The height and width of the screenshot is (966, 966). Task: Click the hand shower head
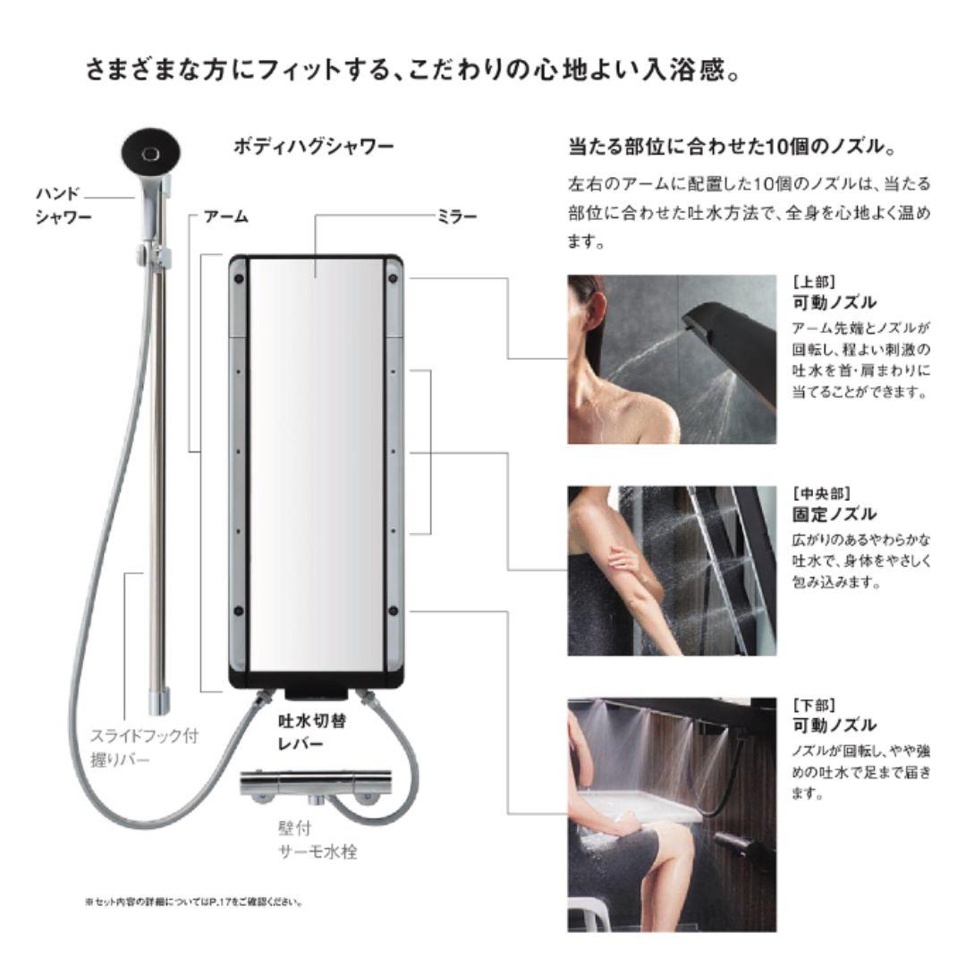tap(151, 154)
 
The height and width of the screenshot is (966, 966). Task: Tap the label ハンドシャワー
tap(64, 205)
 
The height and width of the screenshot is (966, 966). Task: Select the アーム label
tap(226, 216)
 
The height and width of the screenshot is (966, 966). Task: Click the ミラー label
tap(456, 216)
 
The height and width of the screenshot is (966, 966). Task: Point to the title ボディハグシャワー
tap(313, 147)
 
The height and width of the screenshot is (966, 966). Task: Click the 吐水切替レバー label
tap(312, 732)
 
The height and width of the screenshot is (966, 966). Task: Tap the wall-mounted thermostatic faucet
tap(316, 785)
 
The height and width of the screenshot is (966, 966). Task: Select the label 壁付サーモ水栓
tap(318, 840)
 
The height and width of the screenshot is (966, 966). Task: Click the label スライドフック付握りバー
tap(145, 747)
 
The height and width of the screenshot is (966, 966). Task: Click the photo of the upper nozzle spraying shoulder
tap(672, 360)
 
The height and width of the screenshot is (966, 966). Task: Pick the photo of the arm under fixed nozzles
tap(672, 571)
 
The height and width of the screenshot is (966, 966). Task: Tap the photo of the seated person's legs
tap(672, 815)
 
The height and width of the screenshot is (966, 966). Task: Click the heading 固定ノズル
tap(835, 513)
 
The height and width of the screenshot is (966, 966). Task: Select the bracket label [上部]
tap(814, 282)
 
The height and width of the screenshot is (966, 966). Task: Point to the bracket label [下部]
tap(814, 705)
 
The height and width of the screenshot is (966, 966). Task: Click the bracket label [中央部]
tap(821, 494)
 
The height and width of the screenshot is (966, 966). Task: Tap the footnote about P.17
tap(194, 902)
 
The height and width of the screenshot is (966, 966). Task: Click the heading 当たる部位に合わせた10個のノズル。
tap(733, 147)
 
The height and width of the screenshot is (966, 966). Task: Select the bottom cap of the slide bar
tap(158, 702)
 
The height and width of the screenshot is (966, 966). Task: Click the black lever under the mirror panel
tap(316, 694)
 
